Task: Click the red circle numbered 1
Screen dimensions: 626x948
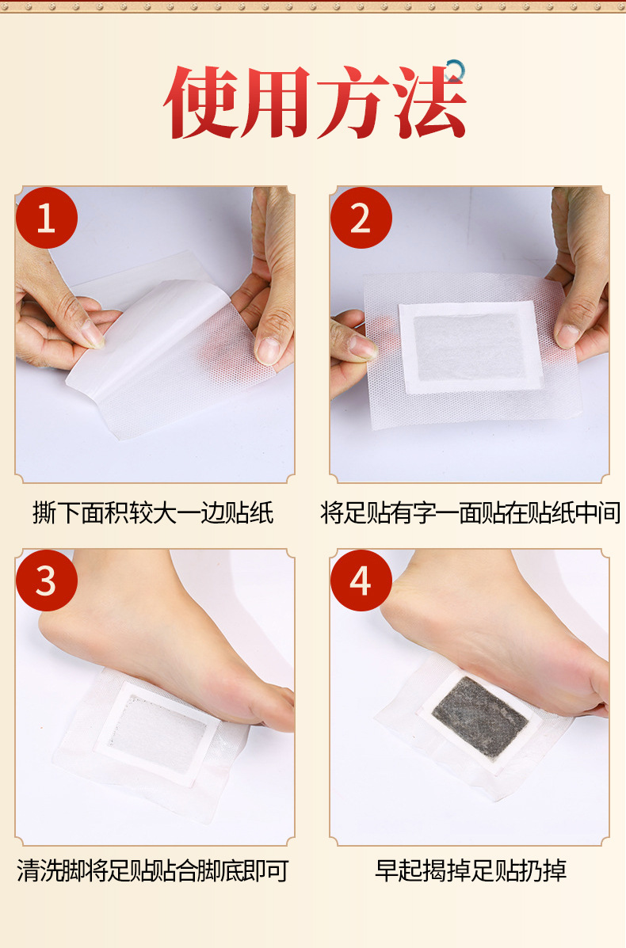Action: point(47,218)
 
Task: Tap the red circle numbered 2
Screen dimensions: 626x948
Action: point(361,218)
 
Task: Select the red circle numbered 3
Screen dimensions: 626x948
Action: point(47,581)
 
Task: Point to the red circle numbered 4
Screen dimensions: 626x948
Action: point(361,581)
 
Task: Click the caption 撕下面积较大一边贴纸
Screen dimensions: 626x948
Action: point(153,513)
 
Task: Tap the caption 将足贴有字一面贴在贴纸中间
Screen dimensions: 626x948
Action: point(470,513)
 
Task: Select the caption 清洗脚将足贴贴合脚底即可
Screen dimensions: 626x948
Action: point(152,871)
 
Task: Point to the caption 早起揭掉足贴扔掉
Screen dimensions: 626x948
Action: point(471,871)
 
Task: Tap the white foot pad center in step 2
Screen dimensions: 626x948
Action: point(469,346)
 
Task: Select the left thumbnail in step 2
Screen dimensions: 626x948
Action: point(361,346)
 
